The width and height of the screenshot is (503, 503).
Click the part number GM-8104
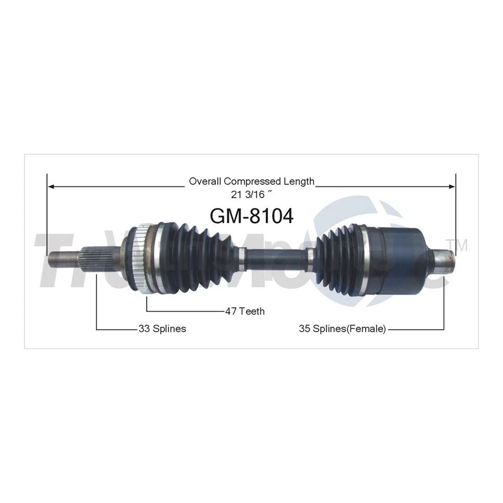click(x=251, y=216)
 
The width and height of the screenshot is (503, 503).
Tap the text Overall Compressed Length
click(x=251, y=181)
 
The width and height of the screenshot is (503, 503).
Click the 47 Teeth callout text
click(x=244, y=312)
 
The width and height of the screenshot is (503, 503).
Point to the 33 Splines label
click(x=162, y=329)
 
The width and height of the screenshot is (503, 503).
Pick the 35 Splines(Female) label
click(x=342, y=329)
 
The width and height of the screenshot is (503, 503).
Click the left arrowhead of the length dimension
click(x=51, y=185)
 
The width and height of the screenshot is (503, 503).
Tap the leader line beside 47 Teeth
click(x=183, y=311)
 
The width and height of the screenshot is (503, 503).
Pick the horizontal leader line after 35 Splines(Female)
click(x=417, y=329)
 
